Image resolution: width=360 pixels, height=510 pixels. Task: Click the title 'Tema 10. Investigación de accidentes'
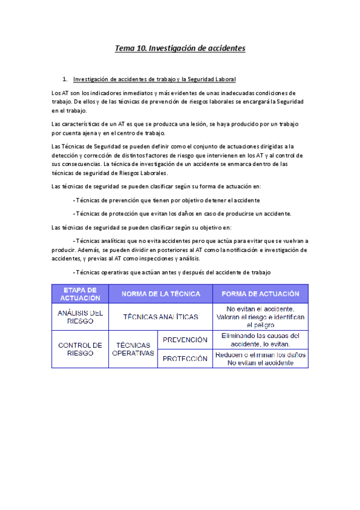[180, 48]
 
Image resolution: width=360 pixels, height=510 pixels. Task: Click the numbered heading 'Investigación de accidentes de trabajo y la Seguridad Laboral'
[154, 79]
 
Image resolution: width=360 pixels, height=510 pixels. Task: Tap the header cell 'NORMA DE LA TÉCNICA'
[160, 294]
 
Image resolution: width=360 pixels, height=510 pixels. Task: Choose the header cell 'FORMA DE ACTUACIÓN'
[260, 294]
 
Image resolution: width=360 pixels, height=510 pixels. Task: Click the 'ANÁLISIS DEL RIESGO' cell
[80, 317]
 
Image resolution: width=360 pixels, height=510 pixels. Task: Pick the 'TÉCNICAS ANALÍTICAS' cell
[160, 317]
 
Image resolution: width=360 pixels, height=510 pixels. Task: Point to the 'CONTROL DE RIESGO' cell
[80, 349]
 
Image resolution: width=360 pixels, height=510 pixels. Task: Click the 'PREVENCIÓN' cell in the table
[185, 340]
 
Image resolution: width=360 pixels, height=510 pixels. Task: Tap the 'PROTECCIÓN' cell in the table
[185, 359]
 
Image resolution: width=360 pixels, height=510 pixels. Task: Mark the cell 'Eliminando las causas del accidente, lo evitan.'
[260, 340]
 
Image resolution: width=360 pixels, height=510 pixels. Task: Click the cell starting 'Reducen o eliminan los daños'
[260, 359]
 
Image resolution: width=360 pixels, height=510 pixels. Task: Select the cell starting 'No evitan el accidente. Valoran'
[260, 316]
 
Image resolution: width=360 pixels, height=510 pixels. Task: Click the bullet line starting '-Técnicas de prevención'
[165, 200]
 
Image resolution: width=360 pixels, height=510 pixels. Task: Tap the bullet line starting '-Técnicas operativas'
[171, 272]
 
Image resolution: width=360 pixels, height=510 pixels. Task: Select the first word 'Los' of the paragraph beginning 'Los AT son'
[57, 93]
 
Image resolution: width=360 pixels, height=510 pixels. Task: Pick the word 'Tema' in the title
[126, 48]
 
